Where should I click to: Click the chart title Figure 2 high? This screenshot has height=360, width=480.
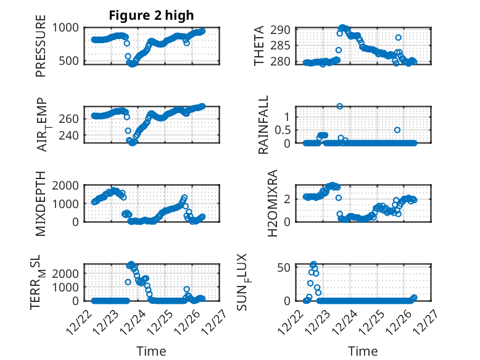point(151,15)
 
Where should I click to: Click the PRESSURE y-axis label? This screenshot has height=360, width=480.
point(41,49)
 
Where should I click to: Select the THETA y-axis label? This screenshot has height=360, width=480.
point(259,46)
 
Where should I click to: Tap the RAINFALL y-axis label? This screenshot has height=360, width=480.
point(263,125)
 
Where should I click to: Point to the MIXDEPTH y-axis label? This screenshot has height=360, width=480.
point(41,203)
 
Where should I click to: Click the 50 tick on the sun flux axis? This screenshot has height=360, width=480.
point(283,267)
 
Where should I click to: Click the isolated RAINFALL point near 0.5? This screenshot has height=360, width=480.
point(397,130)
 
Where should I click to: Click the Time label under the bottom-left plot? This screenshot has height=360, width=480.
point(151,351)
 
